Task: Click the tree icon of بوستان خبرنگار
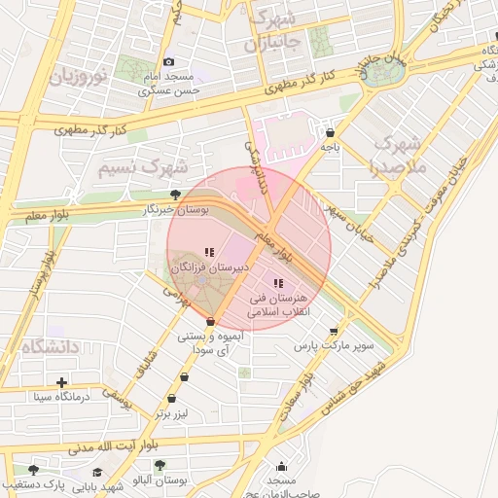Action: [175, 196]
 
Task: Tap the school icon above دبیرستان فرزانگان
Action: [209, 253]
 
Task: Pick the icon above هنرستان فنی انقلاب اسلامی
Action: [278, 283]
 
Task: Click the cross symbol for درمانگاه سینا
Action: [62, 382]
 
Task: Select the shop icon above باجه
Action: [331, 132]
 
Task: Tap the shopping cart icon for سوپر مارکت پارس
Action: [335, 331]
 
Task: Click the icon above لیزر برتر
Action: [172, 398]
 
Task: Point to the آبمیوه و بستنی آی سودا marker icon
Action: [211, 322]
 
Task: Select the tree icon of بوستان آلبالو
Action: [160, 466]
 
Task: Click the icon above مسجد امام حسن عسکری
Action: [168, 62]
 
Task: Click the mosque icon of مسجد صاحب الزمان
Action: [282, 467]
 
